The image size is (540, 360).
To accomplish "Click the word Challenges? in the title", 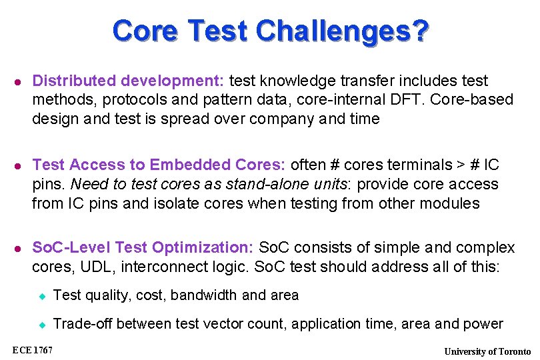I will pos(342,31).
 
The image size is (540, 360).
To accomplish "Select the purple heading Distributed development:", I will pos(128,81).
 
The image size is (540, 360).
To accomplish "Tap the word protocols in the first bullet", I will pos(124,100).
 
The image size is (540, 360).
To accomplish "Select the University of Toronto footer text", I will pos(487,351).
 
